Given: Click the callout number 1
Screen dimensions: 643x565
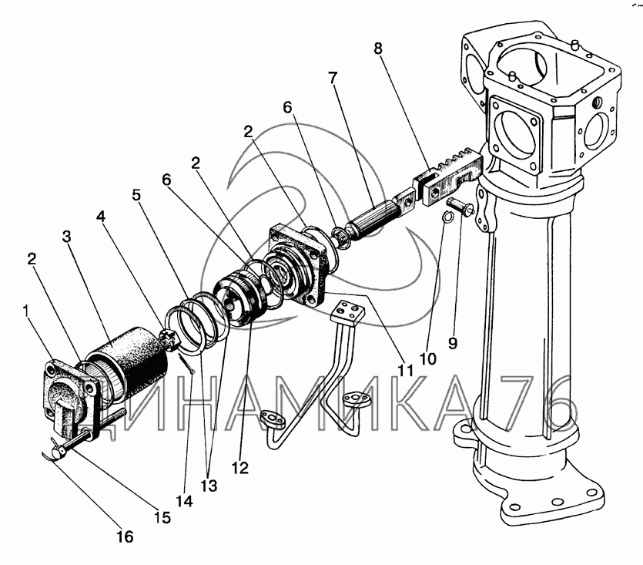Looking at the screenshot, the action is [27, 311].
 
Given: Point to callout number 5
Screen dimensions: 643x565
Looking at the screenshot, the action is [136, 195].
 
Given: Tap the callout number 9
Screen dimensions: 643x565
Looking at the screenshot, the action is [452, 342].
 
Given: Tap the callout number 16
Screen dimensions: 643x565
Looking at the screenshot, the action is [125, 536].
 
